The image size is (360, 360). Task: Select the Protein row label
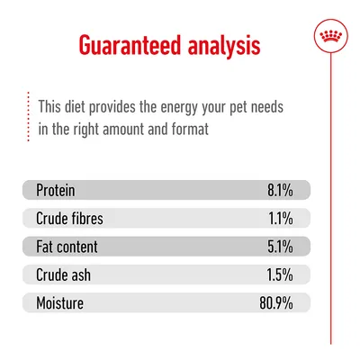[x=56, y=190]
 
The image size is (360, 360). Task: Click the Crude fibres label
[x=72, y=218]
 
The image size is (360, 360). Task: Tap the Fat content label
[x=67, y=246]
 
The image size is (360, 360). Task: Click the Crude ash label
[x=64, y=274]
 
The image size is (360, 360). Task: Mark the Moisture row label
[x=60, y=302]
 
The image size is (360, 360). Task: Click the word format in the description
[x=189, y=129]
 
